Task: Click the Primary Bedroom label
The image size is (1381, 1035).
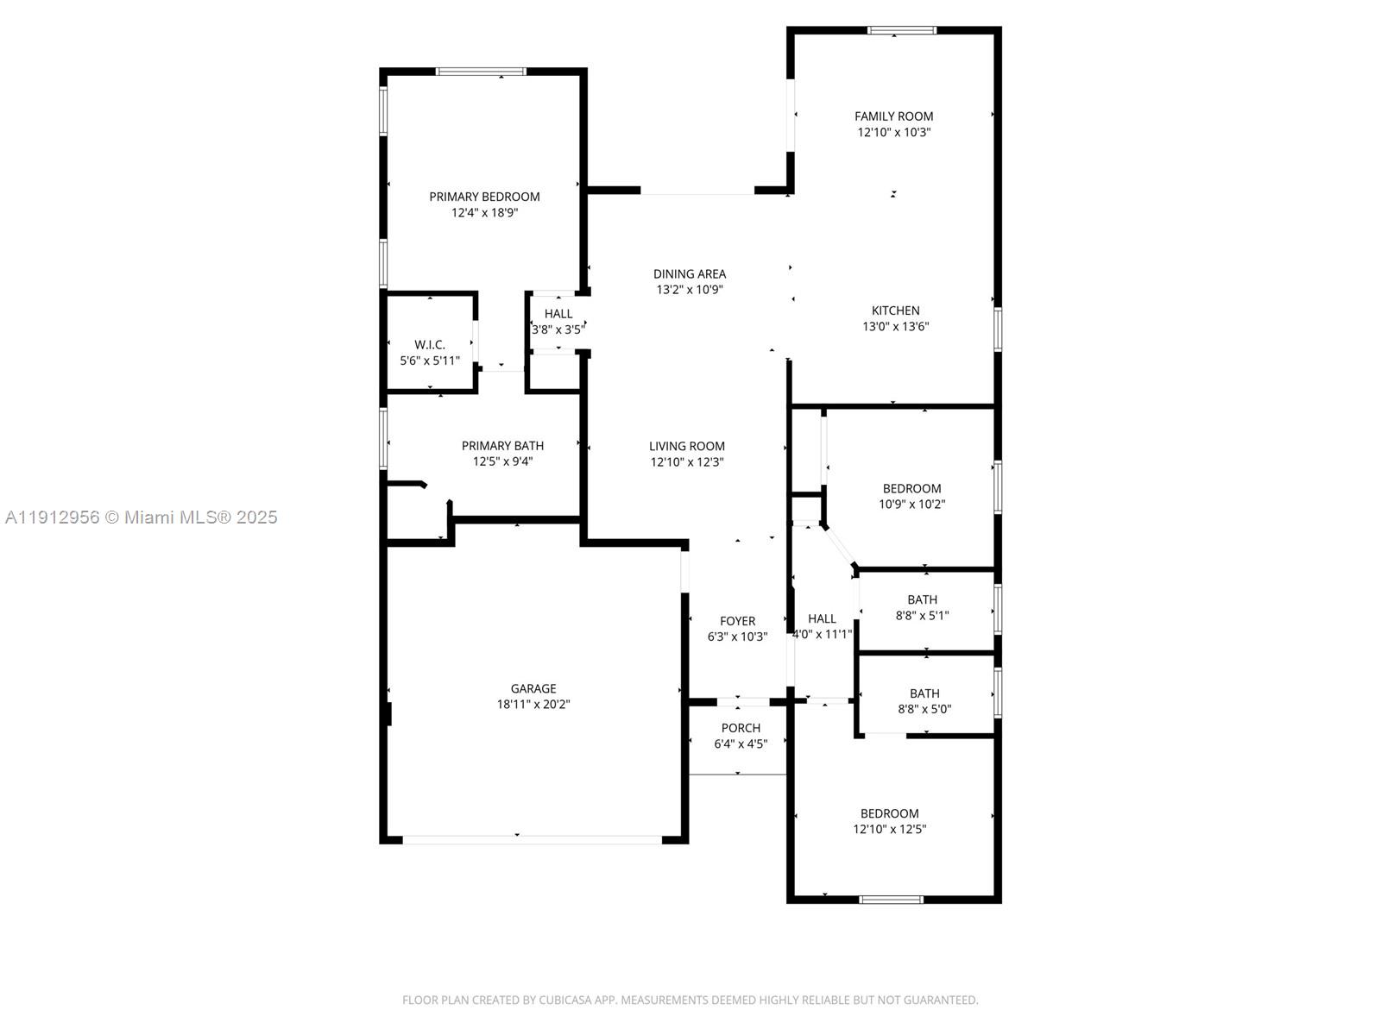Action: (x=484, y=197)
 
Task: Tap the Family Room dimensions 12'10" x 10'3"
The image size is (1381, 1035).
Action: (x=893, y=133)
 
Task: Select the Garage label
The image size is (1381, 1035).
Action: (x=533, y=688)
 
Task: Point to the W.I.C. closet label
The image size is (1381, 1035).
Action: (x=429, y=345)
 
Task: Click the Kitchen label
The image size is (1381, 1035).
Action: (x=895, y=310)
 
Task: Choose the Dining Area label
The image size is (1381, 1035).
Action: (x=689, y=274)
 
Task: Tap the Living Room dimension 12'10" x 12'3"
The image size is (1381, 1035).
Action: (x=687, y=462)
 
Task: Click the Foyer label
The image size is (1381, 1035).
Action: (x=737, y=621)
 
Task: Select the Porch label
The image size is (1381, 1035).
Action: (x=741, y=728)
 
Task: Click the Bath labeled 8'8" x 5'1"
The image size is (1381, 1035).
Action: (x=922, y=599)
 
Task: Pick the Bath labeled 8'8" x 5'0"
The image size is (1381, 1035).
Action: (x=924, y=693)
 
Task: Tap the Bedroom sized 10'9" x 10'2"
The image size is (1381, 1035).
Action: (x=911, y=488)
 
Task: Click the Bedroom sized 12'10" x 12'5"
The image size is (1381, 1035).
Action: (x=889, y=813)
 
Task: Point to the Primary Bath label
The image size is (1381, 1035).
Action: (x=502, y=446)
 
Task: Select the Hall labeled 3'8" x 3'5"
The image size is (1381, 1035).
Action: (x=558, y=314)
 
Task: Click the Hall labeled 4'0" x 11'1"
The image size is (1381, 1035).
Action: (x=822, y=618)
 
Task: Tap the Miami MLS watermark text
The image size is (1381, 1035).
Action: (x=141, y=517)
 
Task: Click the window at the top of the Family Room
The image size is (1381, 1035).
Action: (x=901, y=30)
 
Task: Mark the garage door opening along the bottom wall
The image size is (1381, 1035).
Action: (x=532, y=838)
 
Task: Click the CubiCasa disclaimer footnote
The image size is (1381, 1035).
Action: (x=690, y=1000)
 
